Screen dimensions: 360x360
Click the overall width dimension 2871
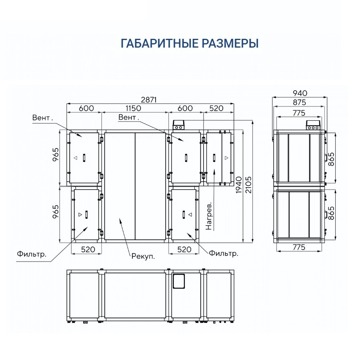149,100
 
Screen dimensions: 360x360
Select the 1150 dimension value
133,108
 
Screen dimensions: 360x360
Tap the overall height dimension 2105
248,184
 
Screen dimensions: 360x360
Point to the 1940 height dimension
239,184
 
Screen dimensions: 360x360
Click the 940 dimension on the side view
300,93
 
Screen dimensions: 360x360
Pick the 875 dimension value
299,102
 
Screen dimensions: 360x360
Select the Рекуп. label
143,256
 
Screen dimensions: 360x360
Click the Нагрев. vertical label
209,216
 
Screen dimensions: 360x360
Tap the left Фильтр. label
32,254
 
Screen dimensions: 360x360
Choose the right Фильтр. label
224,253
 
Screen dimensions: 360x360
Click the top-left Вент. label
42,118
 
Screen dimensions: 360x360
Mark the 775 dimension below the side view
299,247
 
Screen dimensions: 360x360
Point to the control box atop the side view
313,125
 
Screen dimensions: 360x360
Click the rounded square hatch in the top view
179,281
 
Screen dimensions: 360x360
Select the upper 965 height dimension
56,155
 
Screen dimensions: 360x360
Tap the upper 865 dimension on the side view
331,159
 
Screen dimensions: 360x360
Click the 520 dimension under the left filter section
88,249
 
